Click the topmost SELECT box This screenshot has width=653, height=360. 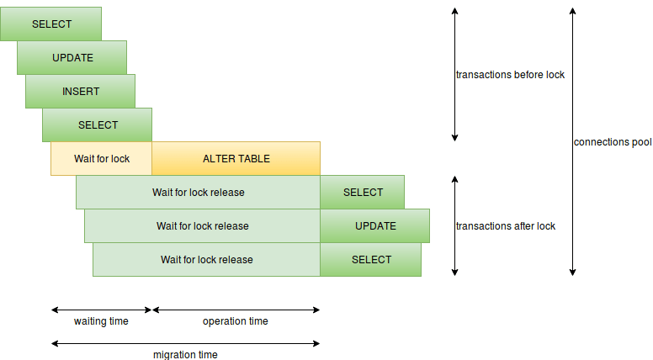coord(50,24)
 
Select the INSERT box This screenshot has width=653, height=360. coord(80,91)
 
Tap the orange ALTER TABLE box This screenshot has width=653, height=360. coord(236,158)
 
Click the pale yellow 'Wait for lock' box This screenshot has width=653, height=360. coord(101,158)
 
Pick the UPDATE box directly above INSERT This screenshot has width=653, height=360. coord(72,57)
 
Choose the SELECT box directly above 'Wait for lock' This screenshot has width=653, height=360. coord(97,124)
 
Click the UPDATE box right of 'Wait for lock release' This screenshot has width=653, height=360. coord(374,225)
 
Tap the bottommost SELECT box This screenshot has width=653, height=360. coord(370,259)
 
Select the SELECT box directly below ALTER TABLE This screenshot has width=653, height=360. coord(362,192)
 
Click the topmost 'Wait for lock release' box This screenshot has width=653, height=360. coord(198,192)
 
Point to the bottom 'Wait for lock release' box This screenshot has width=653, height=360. coord(206,259)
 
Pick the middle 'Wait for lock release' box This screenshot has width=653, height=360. coord(202,225)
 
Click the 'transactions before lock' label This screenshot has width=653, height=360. coord(510,74)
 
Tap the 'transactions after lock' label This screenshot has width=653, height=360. coord(505,225)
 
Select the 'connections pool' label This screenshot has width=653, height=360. coord(613,142)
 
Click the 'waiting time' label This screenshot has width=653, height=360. coord(101,321)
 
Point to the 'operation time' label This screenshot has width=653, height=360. coord(236,321)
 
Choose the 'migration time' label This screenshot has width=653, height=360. coord(185,354)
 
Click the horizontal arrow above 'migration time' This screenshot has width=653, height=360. coord(185,342)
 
